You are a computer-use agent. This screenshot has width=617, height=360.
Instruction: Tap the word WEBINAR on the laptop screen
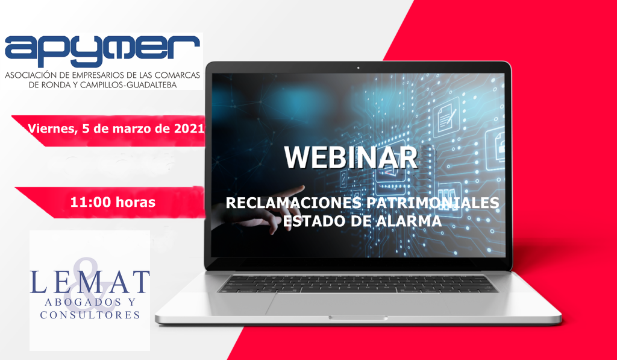click(351, 157)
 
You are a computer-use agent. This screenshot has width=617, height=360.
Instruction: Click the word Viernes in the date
click(50, 128)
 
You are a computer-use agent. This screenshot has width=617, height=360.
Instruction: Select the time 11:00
click(88, 203)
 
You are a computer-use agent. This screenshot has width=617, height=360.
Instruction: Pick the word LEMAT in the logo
click(90, 280)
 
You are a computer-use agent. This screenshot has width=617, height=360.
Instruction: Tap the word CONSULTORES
click(90, 315)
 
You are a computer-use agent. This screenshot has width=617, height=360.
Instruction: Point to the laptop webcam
click(358, 68)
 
